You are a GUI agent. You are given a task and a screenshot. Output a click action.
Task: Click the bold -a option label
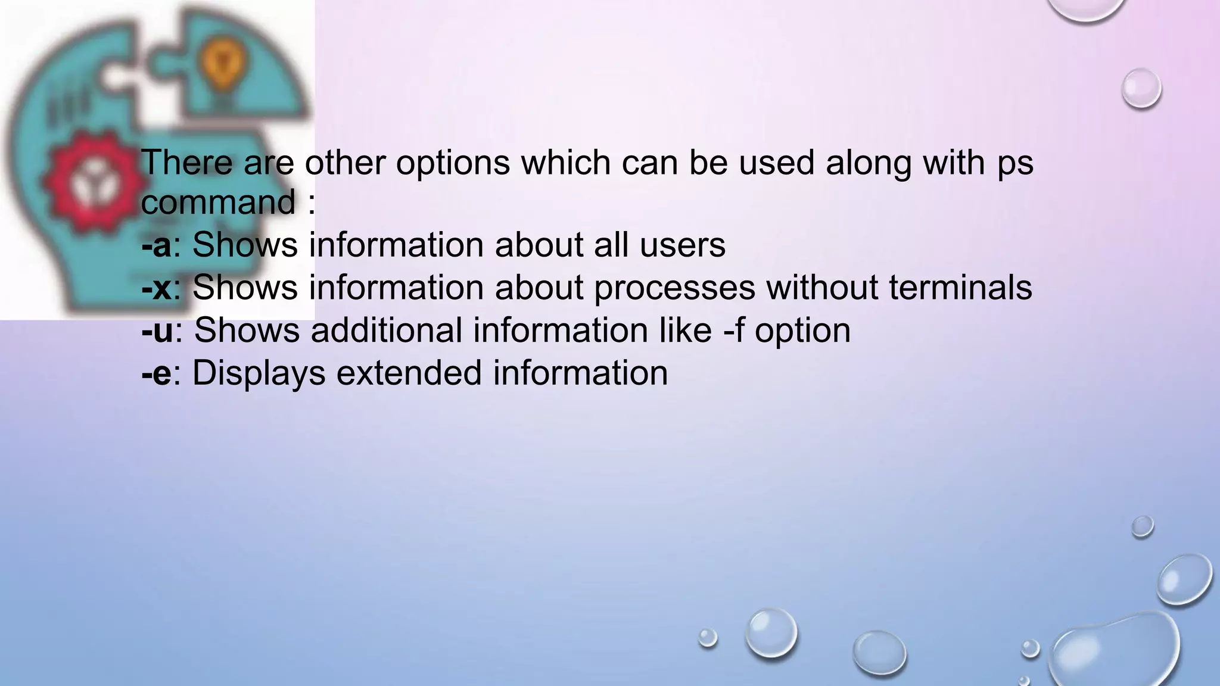pos(156,245)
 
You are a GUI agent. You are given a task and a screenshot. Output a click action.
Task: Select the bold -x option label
pos(156,288)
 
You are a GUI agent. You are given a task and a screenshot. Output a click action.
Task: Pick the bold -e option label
pos(156,374)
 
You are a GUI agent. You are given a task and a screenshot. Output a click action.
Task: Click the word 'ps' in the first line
pos(1015,163)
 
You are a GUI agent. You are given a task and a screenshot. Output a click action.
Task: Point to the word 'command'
pos(218,202)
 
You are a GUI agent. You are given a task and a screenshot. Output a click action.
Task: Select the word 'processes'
pos(674,288)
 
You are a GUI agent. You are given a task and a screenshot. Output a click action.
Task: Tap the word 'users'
pos(682,245)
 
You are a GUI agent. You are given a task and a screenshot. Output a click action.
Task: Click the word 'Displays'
pos(259,374)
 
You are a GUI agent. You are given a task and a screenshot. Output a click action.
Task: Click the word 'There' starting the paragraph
pos(186,162)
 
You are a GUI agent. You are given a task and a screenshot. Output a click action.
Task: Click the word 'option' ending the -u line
pos(802,331)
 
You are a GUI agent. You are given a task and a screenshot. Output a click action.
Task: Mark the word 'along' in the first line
pos(868,163)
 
